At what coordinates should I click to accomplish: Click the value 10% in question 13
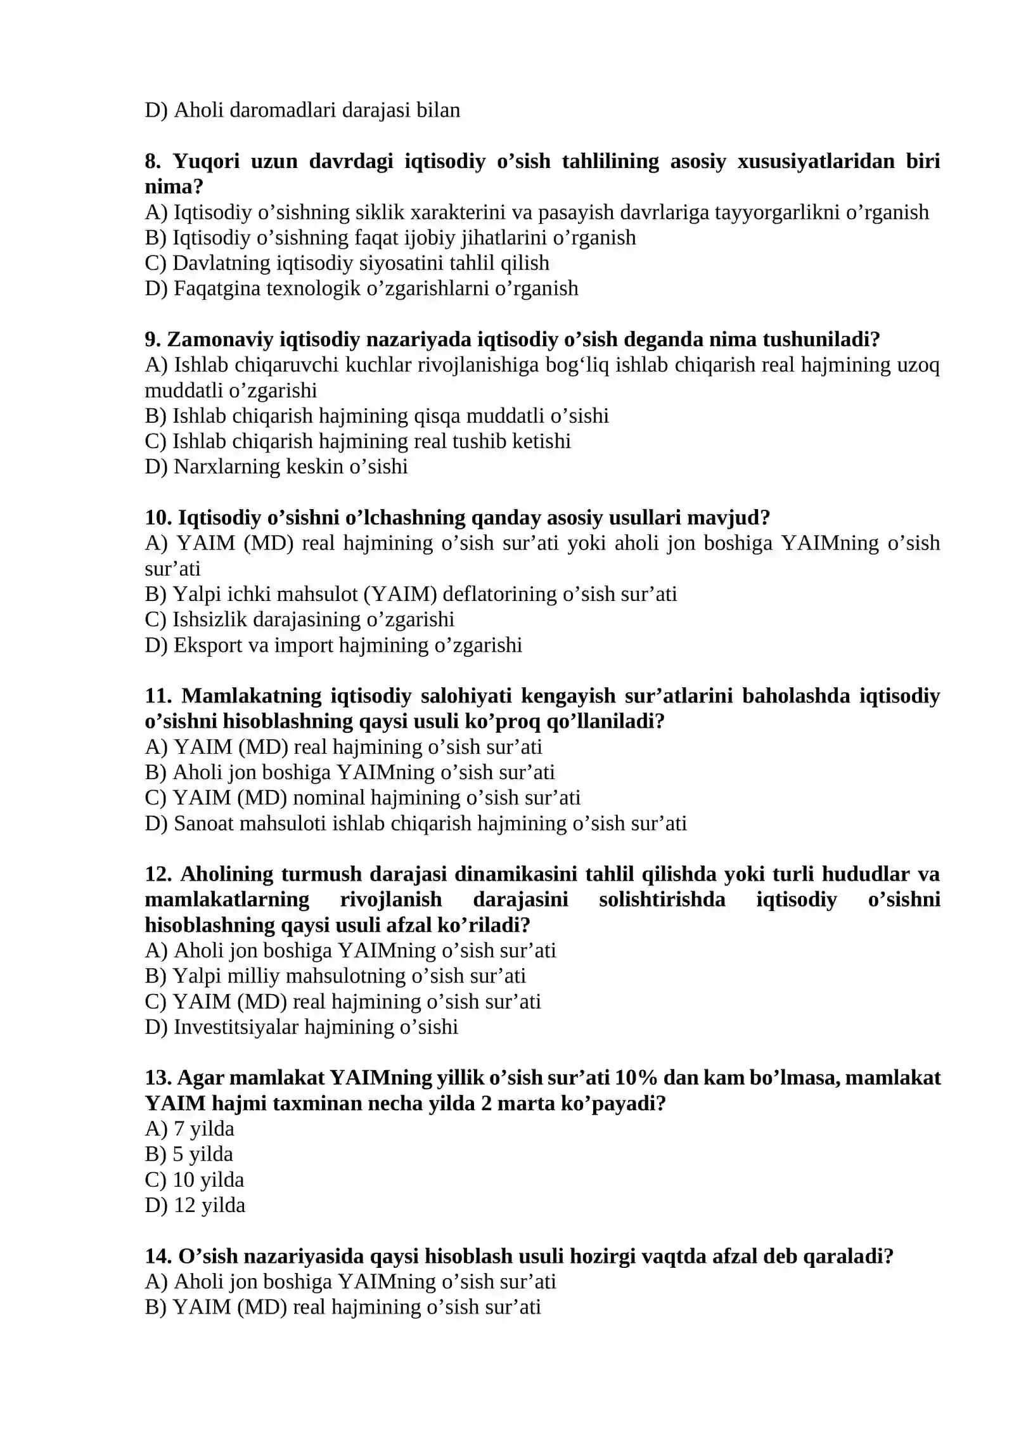[635, 1078]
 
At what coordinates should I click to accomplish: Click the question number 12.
[158, 874]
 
